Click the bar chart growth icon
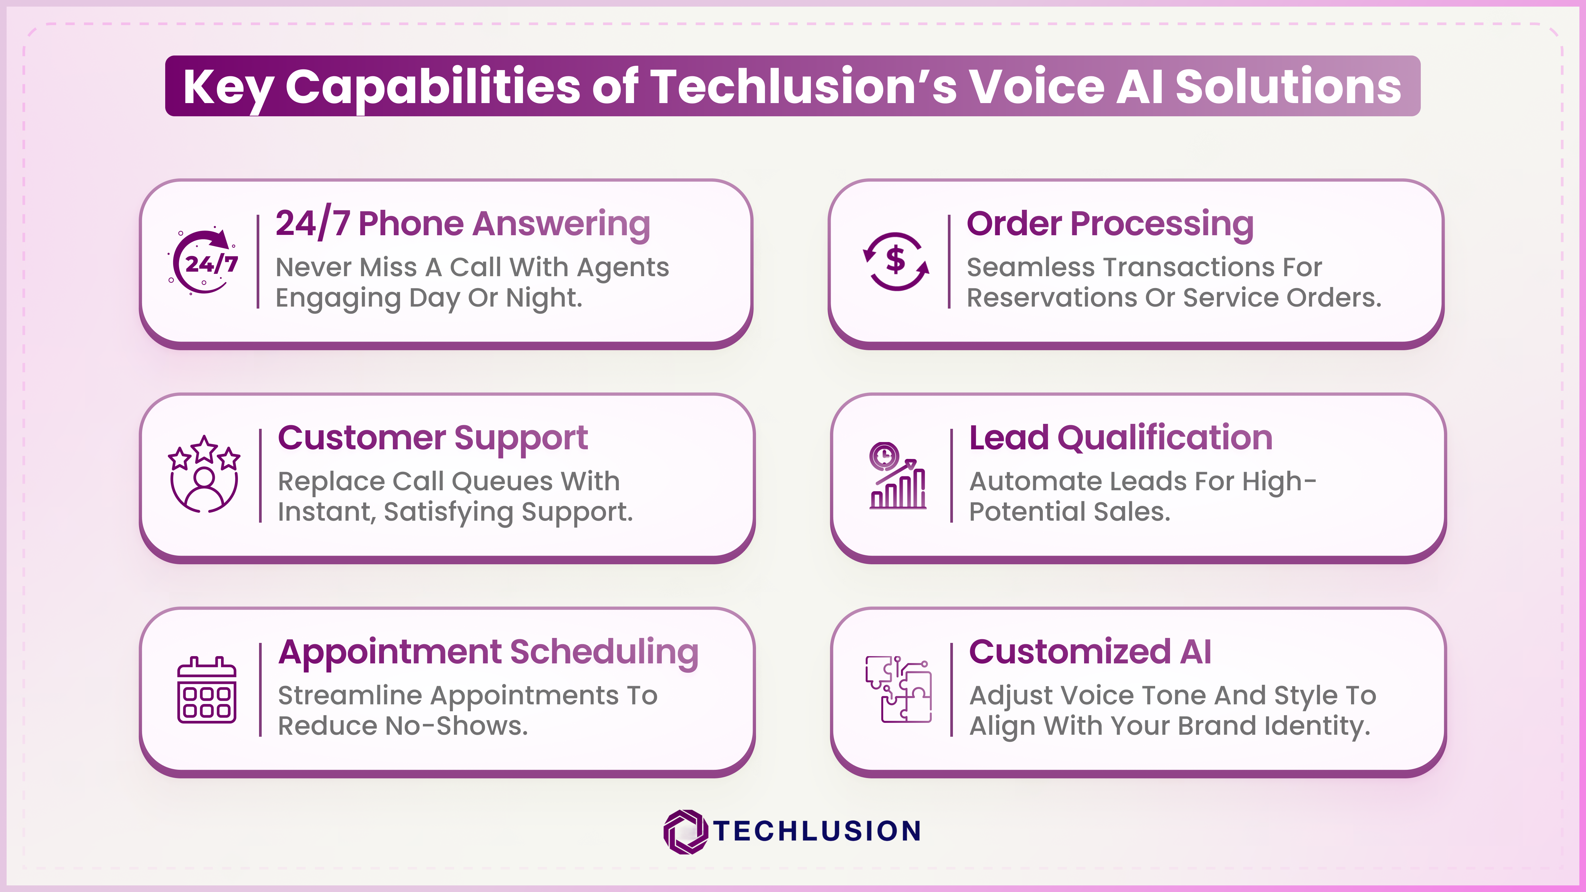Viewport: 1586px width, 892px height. click(x=897, y=475)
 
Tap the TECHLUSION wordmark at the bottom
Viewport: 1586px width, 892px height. click(x=818, y=831)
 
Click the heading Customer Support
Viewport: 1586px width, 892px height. click(x=433, y=438)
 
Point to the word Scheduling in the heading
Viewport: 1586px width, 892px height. click(x=605, y=652)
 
